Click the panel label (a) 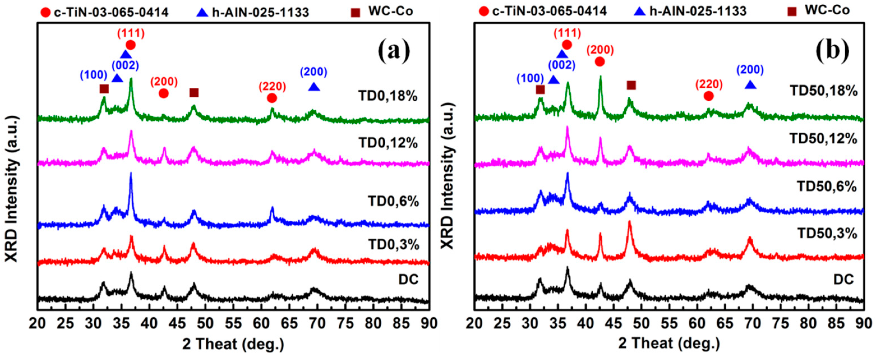394,52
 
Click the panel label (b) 832,52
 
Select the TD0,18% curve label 388,96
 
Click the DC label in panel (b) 843,280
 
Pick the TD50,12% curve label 827,139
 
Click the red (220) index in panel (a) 272,86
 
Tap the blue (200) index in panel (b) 750,70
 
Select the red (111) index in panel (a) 131,33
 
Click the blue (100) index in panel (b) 530,79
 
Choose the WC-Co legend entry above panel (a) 390,11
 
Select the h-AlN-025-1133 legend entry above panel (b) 698,11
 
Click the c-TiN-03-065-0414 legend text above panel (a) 111,12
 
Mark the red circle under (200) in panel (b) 600,62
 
